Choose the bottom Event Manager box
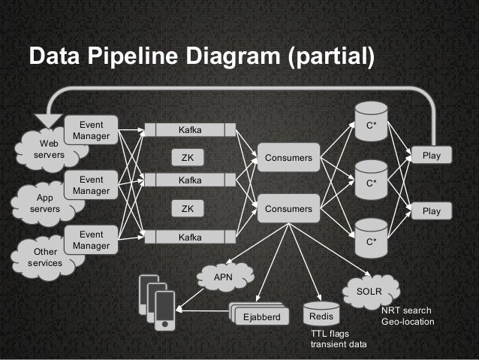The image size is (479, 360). tap(91, 240)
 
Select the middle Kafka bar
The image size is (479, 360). tap(188, 181)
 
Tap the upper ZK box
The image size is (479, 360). tap(188, 157)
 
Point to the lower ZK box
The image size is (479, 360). tap(188, 208)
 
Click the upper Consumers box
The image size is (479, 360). tap(288, 157)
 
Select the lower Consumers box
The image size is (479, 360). tap(288, 208)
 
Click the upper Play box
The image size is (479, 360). tap(431, 156)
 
